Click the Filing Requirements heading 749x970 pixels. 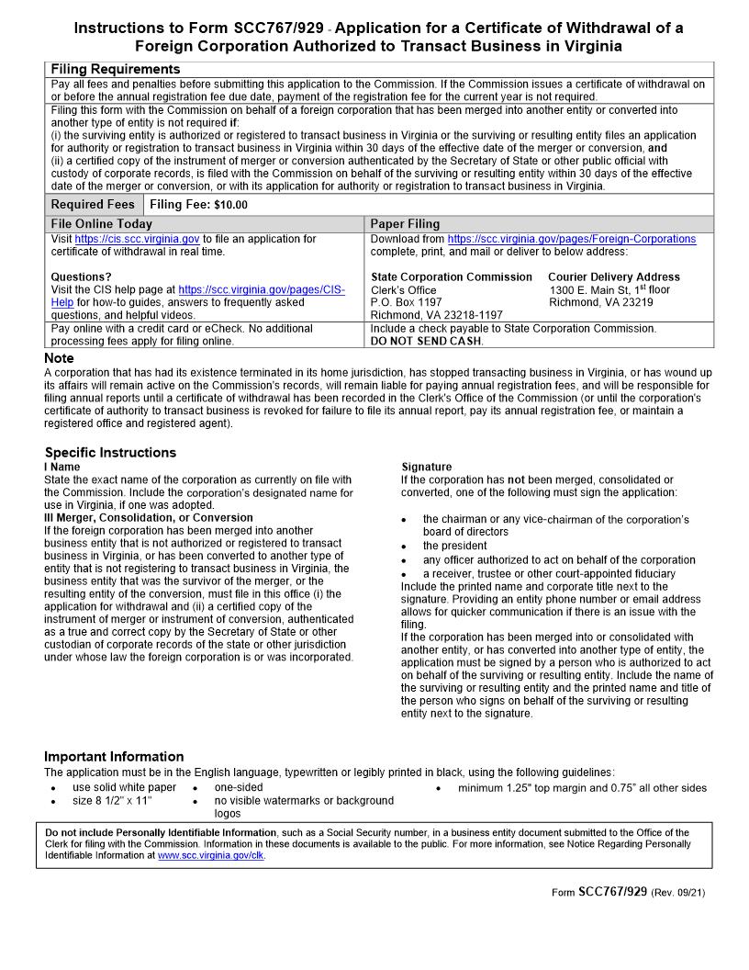pos(116,70)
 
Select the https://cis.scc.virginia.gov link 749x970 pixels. pos(137,239)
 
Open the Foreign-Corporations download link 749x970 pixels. pos(571,239)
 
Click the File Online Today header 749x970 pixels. pos(102,223)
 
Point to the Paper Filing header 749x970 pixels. pos(405,223)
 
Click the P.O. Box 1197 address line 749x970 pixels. pos(406,302)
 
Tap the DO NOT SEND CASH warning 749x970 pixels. pos(426,341)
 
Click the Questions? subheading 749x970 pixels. pos(81,276)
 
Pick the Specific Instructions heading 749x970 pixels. pos(110,452)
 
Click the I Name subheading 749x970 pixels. pos(62,467)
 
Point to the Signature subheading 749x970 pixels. pos(427,467)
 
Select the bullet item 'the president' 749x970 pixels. pos(454,546)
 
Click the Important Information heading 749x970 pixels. pos(114,756)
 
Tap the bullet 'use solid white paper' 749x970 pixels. pos(124,787)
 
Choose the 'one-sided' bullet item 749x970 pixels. pos(239,787)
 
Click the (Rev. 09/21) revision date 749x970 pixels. pos(678,892)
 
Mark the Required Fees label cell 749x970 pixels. pos(93,205)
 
